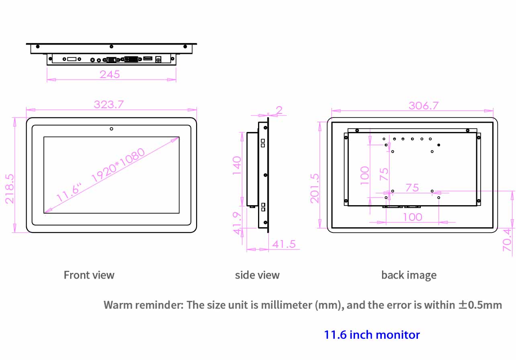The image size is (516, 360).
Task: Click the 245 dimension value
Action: pyautogui.click(x=110, y=74)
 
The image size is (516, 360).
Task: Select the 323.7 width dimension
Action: pyautogui.click(x=109, y=105)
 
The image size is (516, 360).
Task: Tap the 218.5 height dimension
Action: pyautogui.click(x=10, y=189)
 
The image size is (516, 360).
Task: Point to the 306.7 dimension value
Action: pyautogui.click(x=424, y=106)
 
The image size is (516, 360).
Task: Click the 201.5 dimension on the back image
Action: pyautogui.click(x=315, y=188)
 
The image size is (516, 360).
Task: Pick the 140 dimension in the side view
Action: pyautogui.click(x=237, y=166)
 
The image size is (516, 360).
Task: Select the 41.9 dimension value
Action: pyautogui.click(x=237, y=223)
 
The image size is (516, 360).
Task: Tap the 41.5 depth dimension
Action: pyautogui.click(x=284, y=244)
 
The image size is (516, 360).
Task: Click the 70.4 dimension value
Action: pyautogui.click(x=507, y=240)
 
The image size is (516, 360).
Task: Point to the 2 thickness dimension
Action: pyautogui.click(x=279, y=110)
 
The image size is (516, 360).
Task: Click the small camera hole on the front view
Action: pyautogui.click(x=111, y=129)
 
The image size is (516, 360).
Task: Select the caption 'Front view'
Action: pyautogui.click(x=89, y=275)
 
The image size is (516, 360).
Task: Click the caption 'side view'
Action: pyautogui.click(x=257, y=275)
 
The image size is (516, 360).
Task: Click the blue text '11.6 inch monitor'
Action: pyautogui.click(x=372, y=335)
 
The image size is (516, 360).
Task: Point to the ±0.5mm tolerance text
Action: pyautogui.click(x=480, y=305)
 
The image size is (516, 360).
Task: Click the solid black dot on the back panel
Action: pyautogui.click(x=439, y=145)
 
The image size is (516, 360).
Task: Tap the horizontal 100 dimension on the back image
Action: pyautogui.click(x=412, y=217)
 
